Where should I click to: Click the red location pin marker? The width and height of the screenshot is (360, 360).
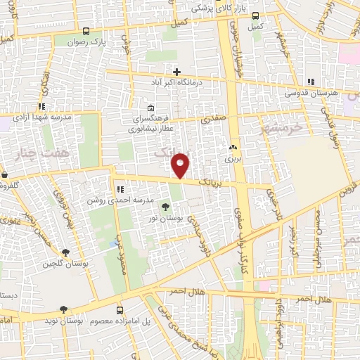[x=180, y=166]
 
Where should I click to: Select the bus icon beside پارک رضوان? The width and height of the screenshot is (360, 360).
[x=86, y=32]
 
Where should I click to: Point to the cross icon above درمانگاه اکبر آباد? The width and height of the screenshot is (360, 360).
[x=176, y=72]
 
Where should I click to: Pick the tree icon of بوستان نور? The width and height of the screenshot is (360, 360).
[x=165, y=207]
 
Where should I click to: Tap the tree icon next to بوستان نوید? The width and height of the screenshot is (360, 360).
[x=64, y=309]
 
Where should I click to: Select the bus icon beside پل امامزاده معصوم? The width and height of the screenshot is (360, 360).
[x=120, y=309]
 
